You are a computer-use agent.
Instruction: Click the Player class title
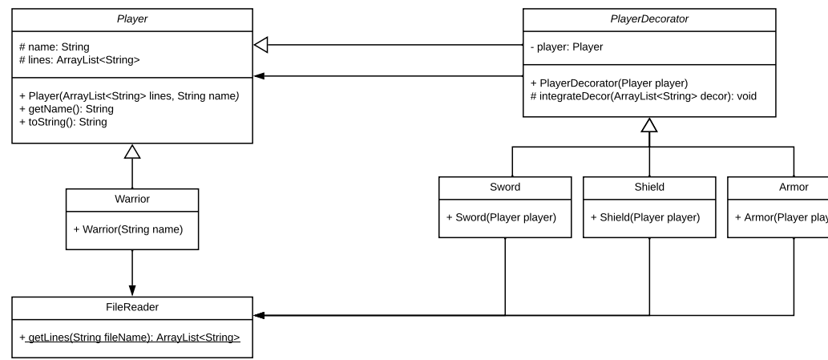click(132, 19)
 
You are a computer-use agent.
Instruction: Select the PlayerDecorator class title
click(649, 19)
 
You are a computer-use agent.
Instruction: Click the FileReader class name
click(132, 307)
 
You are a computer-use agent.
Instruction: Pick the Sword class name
click(505, 187)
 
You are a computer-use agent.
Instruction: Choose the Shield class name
click(649, 187)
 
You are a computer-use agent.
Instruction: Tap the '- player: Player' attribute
click(567, 47)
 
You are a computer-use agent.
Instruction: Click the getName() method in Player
click(67, 109)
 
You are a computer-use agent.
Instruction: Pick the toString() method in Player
click(63, 122)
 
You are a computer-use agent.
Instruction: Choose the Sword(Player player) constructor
click(501, 217)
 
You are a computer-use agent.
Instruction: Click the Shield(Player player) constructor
click(645, 217)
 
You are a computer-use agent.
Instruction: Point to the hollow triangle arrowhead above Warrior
click(132, 151)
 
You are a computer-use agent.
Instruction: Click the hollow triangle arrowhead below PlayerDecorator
click(649, 124)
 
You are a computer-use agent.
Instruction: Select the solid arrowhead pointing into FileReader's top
click(132, 290)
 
